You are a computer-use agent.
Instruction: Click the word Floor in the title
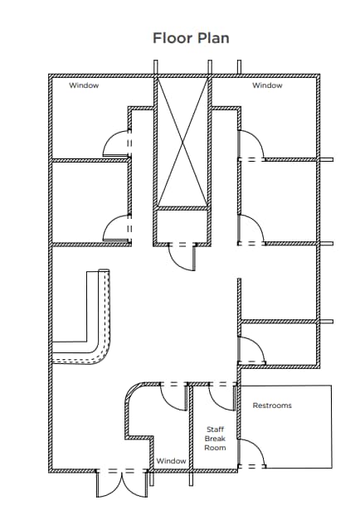click(172, 38)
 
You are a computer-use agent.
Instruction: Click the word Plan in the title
click(212, 38)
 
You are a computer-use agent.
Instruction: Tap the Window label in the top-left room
click(83, 85)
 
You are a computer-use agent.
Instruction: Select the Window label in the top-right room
click(267, 85)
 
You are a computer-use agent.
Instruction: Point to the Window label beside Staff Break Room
click(171, 460)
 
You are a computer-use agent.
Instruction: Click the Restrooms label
click(272, 405)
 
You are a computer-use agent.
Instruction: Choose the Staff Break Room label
click(215, 438)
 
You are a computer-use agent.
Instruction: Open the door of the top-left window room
click(114, 144)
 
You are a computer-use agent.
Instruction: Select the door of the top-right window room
click(251, 145)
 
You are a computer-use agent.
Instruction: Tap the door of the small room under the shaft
click(181, 256)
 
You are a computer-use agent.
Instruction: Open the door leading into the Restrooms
click(251, 454)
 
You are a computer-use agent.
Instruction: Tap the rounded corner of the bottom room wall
click(133, 394)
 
